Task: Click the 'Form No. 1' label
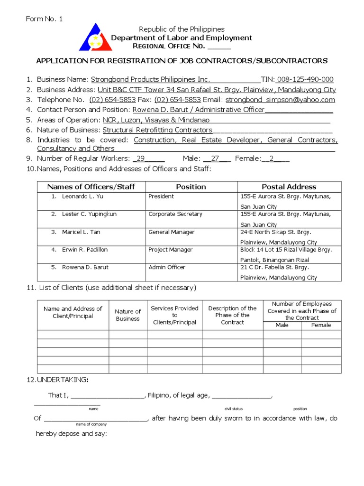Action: pos(44,19)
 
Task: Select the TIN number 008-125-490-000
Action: pos(305,79)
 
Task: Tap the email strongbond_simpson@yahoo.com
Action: pos(280,100)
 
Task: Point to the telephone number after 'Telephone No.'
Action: pos(112,100)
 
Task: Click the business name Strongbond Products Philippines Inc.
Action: pos(150,79)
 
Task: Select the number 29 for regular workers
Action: pos(141,159)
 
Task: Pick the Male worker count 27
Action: pos(215,159)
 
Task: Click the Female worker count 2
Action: pos(272,159)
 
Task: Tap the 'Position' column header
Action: pos(191,187)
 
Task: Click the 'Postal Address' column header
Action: pos(289,187)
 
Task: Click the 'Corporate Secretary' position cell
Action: pos(175,214)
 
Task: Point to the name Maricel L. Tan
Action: pos(81,232)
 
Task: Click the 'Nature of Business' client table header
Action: pos(128,315)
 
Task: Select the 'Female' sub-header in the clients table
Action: pos(321,325)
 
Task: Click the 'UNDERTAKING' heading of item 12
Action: pos(62,380)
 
